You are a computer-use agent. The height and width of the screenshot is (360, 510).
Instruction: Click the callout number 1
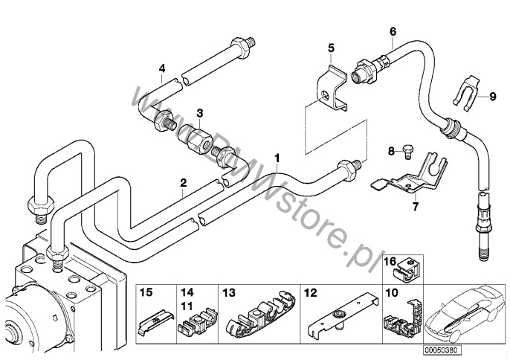pyautogui.click(x=277, y=158)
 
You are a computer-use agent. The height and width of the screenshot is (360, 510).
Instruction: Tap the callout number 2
pyautogui.click(x=182, y=182)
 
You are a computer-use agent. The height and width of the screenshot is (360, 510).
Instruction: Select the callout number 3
pyautogui.click(x=199, y=113)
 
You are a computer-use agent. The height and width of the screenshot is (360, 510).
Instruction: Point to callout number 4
pyautogui.click(x=161, y=69)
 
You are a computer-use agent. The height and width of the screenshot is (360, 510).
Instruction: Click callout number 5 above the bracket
pyautogui.click(x=331, y=48)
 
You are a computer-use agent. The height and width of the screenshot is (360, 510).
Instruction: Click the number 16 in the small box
pyautogui.click(x=390, y=261)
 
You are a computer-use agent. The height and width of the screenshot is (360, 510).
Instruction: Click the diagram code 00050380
pyautogui.click(x=442, y=348)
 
